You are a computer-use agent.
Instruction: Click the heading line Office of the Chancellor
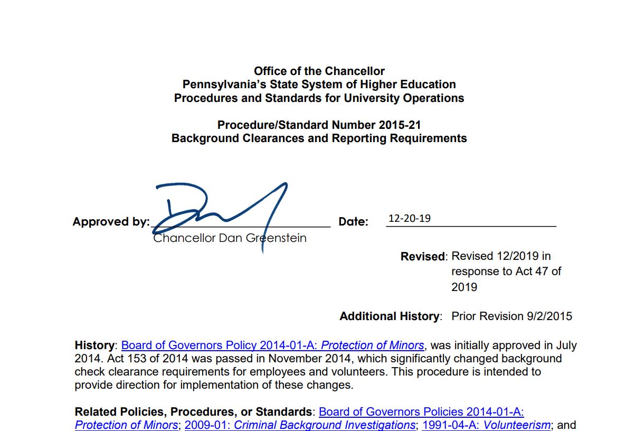(x=319, y=71)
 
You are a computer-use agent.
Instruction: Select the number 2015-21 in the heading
(x=400, y=125)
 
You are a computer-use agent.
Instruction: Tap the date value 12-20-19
(x=409, y=218)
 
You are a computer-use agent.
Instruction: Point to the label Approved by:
(x=111, y=222)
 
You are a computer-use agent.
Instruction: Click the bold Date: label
(x=353, y=222)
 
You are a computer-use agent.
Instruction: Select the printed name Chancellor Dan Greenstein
(x=230, y=238)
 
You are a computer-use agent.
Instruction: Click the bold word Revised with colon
(x=424, y=257)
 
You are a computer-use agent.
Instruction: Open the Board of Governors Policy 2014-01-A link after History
(x=272, y=345)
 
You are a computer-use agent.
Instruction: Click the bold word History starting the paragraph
(x=94, y=345)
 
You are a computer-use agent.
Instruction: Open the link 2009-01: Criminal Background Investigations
(x=300, y=425)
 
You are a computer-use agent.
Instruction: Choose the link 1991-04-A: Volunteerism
(x=486, y=425)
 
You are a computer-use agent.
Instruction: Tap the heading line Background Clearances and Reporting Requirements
(x=319, y=138)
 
